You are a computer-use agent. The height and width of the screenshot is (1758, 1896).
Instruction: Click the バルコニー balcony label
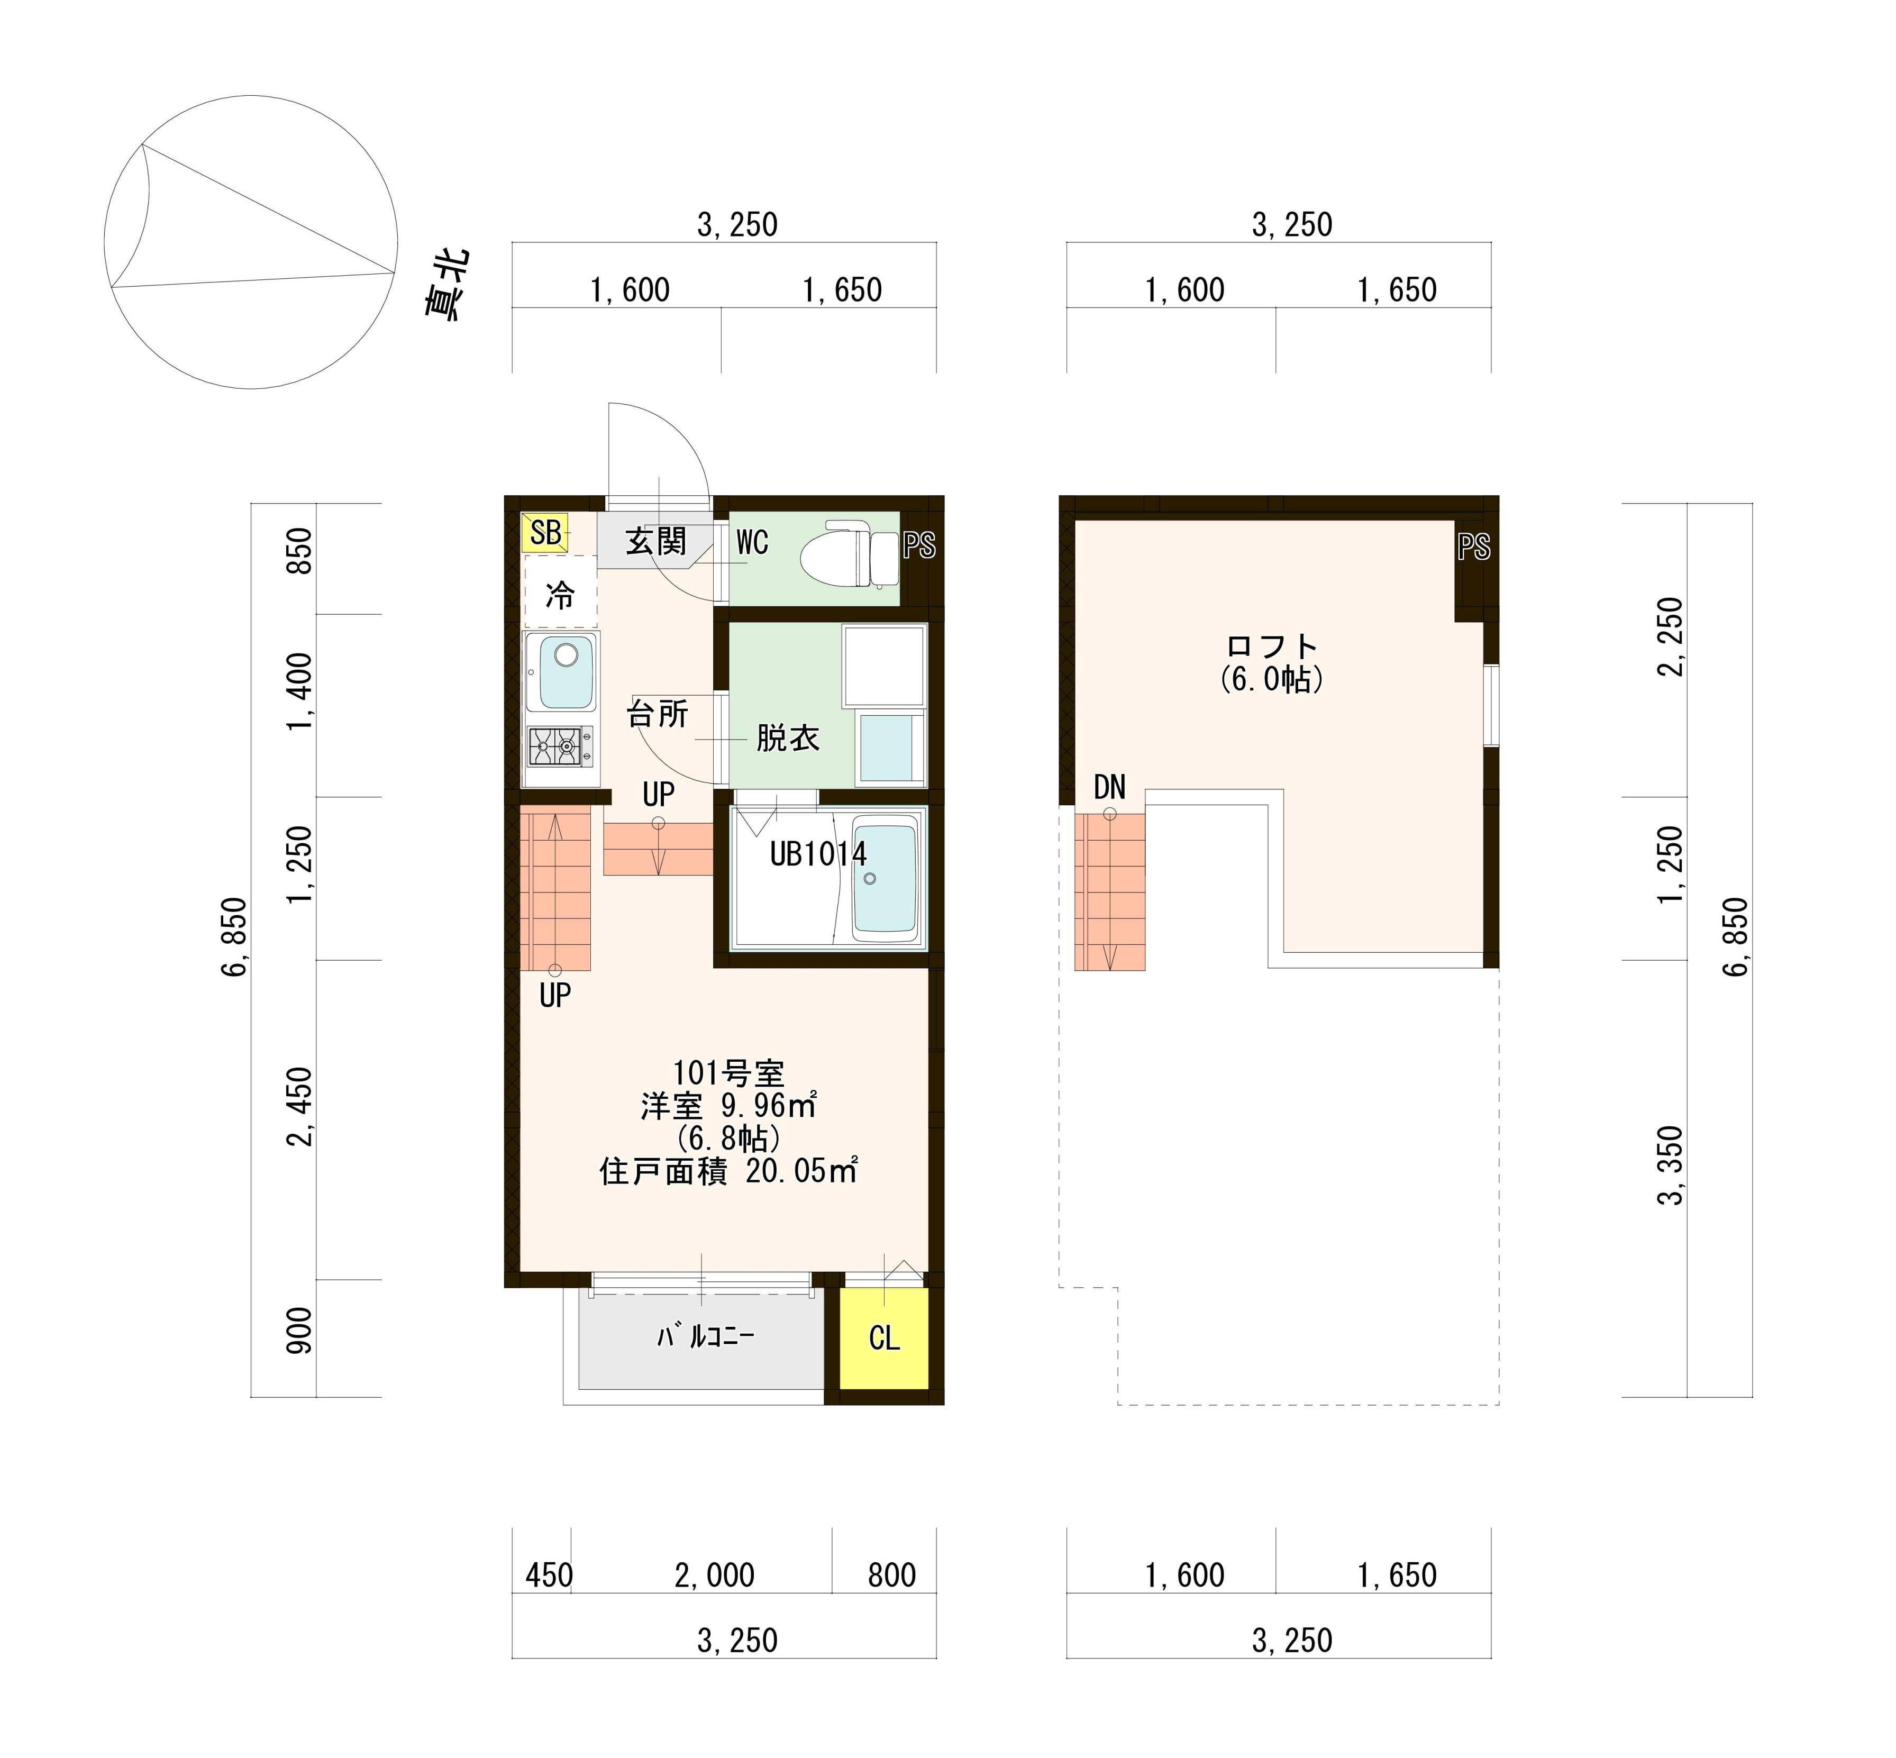coord(705,1336)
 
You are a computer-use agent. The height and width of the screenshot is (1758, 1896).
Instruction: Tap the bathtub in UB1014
coord(885,875)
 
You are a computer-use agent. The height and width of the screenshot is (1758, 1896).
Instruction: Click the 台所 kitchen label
coord(658,714)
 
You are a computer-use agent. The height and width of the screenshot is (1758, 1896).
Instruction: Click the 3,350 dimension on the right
coord(1671,1165)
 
